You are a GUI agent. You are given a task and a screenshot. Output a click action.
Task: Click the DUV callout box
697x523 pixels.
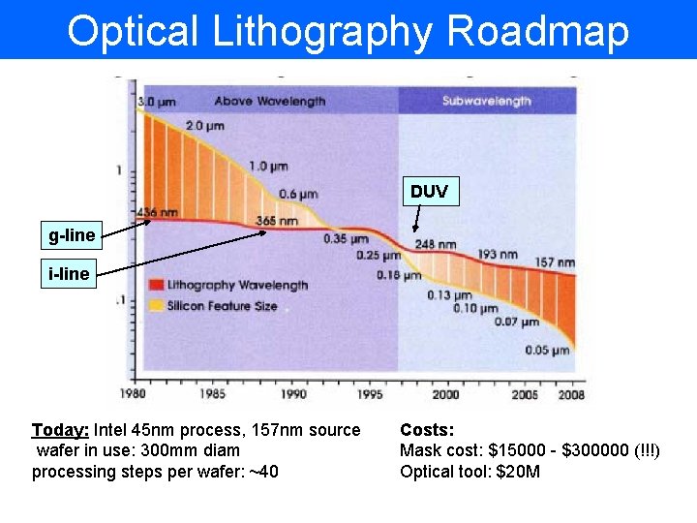click(429, 191)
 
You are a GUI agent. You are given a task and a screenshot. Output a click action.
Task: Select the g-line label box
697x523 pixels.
click(73, 235)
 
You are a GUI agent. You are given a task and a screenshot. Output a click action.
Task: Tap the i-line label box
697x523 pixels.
click(69, 274)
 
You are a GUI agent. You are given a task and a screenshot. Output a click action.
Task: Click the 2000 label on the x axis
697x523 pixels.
click(445, 394)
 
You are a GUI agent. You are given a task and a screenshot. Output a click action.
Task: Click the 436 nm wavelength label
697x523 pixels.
click(158, 212)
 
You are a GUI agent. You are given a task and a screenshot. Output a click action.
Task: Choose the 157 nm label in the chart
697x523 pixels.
click(555, 262)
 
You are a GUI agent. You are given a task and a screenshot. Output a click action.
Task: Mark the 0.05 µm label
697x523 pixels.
click(547, 351)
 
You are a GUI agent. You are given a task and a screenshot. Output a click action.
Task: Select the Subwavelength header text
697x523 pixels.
click(487, 101)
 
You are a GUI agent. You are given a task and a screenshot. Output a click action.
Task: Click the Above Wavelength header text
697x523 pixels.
click(270, 101)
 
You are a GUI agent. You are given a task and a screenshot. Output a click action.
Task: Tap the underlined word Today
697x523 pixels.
click(60, 430)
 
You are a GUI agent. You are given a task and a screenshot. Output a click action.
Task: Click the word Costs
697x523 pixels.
click(427, 430)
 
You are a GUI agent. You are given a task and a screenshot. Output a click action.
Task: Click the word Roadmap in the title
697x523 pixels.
click(539, 31)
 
